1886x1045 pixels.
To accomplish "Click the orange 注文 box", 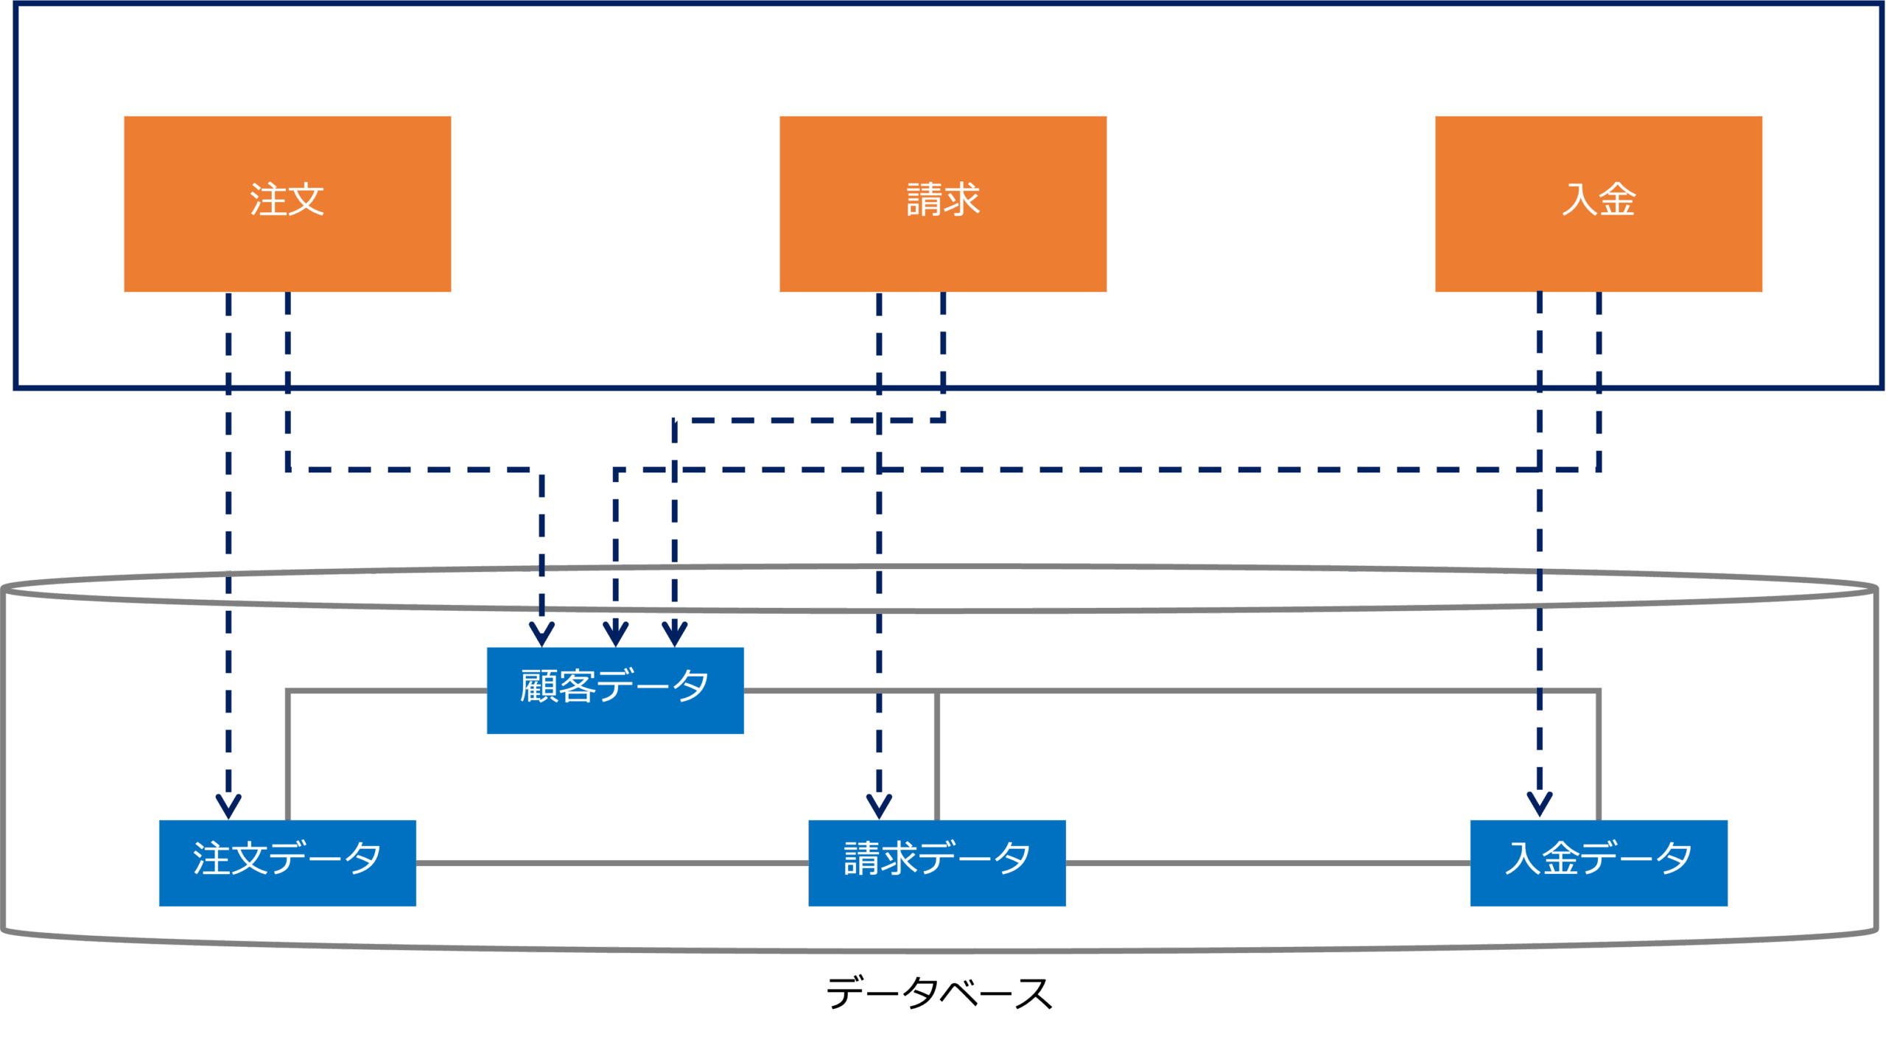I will click(287, 203).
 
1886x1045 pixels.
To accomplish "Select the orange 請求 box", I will click(943, 203).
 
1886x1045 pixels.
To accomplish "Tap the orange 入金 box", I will click(1599, 203).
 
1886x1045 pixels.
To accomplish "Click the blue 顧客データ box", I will click(615, 691).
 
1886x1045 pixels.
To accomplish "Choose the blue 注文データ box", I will click(287, 863).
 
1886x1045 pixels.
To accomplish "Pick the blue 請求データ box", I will click(937, 863).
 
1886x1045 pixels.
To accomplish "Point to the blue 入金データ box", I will click(1599, 863).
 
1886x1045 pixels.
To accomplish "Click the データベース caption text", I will click(939, 993).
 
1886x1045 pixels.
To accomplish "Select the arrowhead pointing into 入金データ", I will click(1540, 803).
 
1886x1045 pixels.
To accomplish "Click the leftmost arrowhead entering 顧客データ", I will click(542, 634).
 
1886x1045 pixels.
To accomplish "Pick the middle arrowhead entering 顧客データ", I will click(616, 634).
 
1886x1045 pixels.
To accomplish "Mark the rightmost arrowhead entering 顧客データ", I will click(675, 634).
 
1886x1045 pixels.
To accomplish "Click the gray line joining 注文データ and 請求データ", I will click(611, 863).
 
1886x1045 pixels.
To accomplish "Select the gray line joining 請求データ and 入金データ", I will click(1267, 863).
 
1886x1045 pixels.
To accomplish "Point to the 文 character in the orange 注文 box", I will click(306, 200).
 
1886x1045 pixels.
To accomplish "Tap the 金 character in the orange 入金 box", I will click(1618, 200).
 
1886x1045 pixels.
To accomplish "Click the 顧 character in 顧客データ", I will click(539, 686).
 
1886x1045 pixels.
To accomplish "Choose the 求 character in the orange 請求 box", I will click(962, 200).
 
